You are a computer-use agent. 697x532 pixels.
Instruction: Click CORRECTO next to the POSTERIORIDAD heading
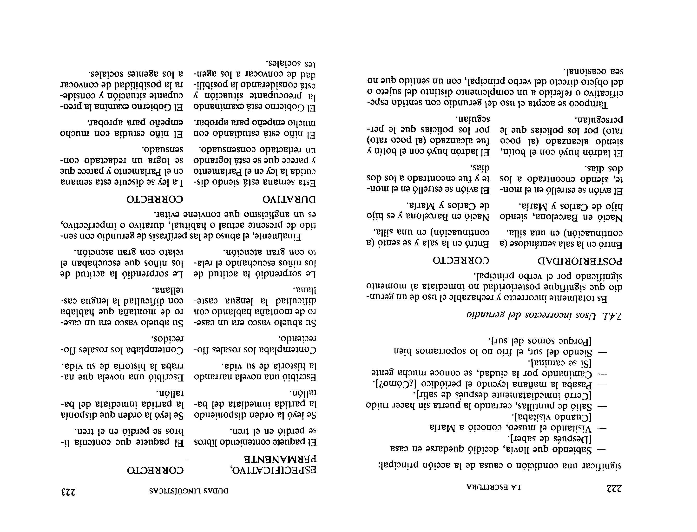461,261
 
